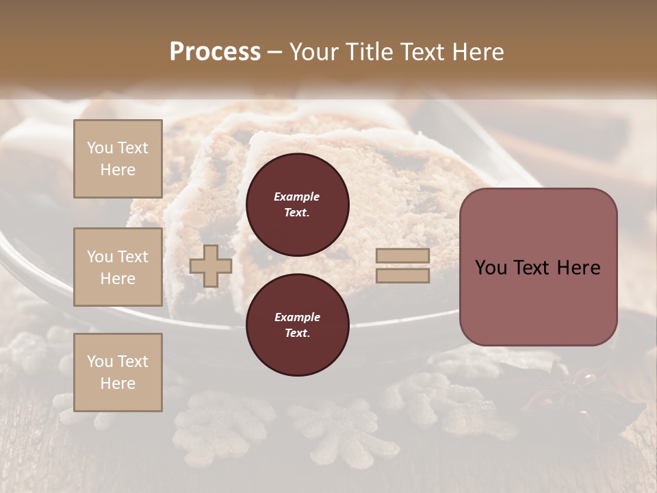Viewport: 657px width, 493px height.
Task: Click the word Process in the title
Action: click(215, 52)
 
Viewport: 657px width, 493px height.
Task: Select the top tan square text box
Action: click(118, 159)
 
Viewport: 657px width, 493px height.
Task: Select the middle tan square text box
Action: click(118, 267)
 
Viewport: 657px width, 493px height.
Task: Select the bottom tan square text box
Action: click(118, 372)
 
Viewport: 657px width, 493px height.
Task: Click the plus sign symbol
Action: click(211, 266)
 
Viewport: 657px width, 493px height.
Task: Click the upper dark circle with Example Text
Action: click(297, 205)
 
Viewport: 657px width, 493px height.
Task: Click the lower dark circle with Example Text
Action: click(297, 325)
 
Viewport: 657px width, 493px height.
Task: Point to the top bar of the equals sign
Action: click(403, 256)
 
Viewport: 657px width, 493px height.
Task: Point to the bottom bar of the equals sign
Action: click(403, 275)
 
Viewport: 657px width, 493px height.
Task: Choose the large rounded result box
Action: click(538, 266)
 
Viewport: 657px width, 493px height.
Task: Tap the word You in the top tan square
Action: click(100, 148)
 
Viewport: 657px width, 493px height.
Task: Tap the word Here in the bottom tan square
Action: click(118, 383)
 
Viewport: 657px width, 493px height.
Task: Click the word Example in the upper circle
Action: click(297, 197)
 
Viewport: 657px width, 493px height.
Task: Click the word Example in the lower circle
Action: click(297, 317)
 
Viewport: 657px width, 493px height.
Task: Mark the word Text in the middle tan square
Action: click(132, 257)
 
